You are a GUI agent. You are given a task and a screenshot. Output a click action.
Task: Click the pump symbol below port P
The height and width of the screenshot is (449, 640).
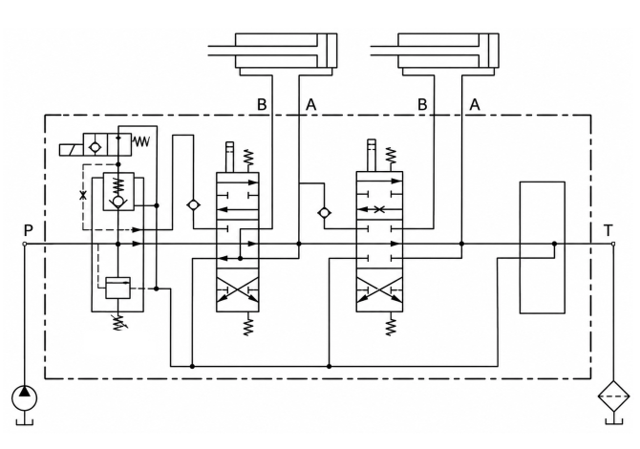tap(25, 398)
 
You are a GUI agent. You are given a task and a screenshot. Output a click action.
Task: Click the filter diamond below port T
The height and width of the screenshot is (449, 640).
tap(613, 396)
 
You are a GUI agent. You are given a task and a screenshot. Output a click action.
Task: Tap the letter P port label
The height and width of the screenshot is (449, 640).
tap(28, 230)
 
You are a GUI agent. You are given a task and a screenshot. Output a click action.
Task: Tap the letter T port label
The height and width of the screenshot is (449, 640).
tap(608, 230)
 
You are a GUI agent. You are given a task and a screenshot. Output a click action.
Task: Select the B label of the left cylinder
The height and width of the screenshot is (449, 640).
tap(262, 105)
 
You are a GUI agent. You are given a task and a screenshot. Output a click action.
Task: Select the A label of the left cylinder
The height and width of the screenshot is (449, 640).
tap(311, 105)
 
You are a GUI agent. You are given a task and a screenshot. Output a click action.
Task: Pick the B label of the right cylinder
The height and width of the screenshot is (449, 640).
tap(422, 105)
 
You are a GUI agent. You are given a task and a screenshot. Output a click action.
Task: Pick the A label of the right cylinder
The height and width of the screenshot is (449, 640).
tap(475, 105)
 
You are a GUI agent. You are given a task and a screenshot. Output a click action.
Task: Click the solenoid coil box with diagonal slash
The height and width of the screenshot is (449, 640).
tap(71, 150)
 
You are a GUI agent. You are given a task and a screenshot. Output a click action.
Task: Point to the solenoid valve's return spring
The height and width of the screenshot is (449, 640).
tap(141, 141)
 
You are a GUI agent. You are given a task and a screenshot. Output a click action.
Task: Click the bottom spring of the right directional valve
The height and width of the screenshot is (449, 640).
tap(391, 324)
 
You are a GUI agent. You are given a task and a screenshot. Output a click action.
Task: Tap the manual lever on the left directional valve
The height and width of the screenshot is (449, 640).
tap(230, 157)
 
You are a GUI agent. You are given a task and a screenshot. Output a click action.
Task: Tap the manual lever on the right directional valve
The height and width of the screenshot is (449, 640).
tap(372, 155)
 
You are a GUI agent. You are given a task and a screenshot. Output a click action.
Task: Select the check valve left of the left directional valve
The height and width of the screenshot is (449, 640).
tap(193, 204)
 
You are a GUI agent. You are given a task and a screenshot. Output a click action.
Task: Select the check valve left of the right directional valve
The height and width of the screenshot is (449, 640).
tap(325, 213)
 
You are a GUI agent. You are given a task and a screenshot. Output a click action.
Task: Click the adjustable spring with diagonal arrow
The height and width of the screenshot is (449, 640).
tap(118, 322)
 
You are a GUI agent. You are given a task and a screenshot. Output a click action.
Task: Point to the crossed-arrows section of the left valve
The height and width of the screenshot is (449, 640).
tap(238, 289)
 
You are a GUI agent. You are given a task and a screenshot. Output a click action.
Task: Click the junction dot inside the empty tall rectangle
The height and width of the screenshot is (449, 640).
tap(554, 245)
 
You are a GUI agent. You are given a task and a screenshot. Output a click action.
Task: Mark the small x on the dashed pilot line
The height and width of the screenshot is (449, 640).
tap(83, 195)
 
